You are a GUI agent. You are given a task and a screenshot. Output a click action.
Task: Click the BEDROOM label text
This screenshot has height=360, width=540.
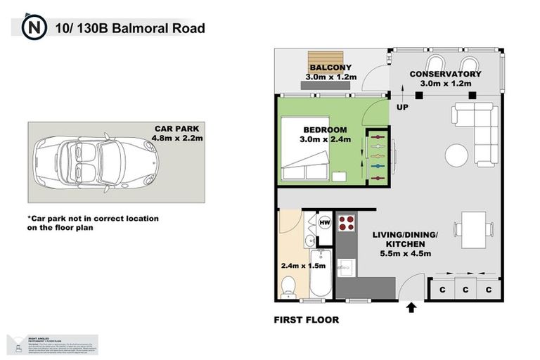(x=325, y=130)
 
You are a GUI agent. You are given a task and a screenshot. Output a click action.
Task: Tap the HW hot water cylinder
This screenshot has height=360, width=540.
(x=325, y=223)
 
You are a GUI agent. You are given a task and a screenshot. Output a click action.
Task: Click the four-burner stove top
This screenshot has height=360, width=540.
(x=347, y=224)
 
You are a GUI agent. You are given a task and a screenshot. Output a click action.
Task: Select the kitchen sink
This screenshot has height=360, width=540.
(x=346, y=267)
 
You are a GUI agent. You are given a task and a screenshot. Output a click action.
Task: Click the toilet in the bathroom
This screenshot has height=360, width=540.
(x=288, y=285)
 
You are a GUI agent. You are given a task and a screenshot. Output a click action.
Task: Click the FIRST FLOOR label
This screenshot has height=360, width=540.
(x=306, y=320)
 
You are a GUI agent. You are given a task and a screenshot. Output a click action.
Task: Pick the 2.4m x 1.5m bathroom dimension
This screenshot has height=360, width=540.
(x=303, y=266)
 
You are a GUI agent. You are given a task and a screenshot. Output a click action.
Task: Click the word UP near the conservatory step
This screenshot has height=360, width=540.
(x=402, y=108)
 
